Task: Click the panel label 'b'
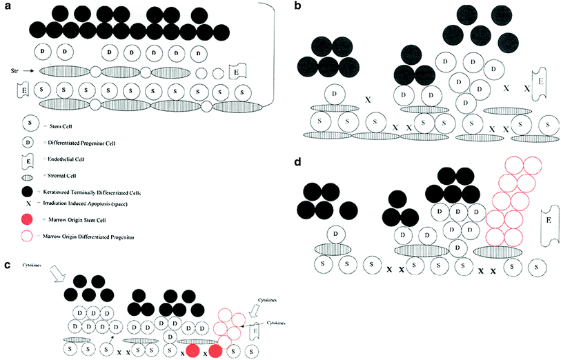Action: pos(297,6)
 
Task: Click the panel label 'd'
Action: pos(297,163)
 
